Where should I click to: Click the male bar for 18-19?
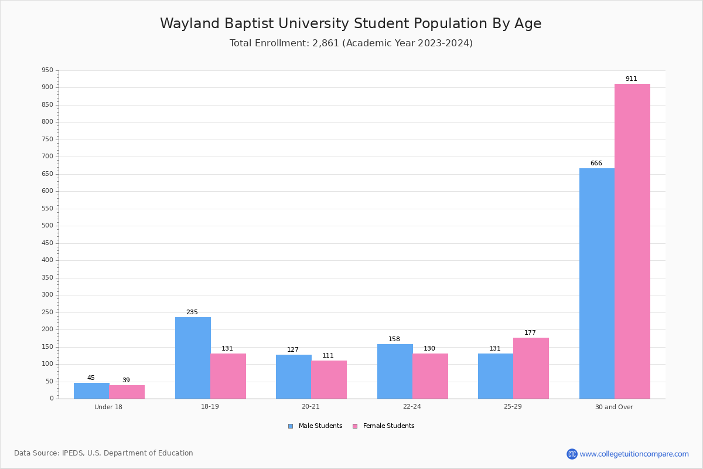[x=193, y=358]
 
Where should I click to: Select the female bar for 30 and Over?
[x=632, y=241]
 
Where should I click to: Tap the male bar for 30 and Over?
[x=596, y=283]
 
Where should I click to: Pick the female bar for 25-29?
[x=531, y=368]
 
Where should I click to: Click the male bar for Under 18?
[x=91, y=390]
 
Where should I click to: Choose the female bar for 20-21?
[x=329, y=379]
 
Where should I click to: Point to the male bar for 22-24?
[x=395, y=371]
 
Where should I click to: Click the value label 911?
[x=631, y=79]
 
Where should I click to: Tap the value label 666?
[x=596, y=164]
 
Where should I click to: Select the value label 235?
[x=192, y=312]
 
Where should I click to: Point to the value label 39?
[x=126, y=380]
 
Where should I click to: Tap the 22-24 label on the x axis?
[x=412, y=407]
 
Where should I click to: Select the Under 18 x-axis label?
[x=108, y=407]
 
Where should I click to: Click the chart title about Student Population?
[x=350, y=23]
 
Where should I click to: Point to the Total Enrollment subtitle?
[x=350, y=43]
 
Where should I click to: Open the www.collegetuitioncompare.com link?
[x=634, y=454]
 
